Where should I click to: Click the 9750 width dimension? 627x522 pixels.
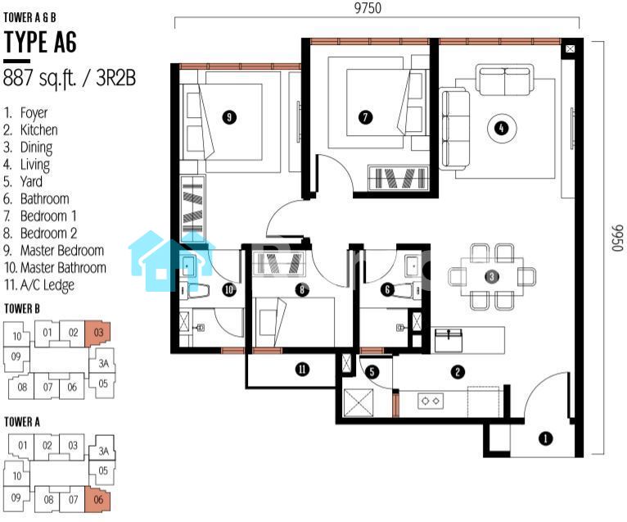[x=368, y=7]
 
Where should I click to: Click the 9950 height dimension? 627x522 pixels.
[x=617, y=238]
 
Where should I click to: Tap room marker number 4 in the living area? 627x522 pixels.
[x=502, y=129]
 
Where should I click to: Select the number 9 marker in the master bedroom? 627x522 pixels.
[x=229, y=117]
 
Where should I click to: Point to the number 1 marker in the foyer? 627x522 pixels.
[x=545, y=438]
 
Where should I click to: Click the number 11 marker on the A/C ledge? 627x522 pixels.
[x=302, y=369]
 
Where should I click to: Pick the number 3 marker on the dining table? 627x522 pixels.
[x=491, y=276]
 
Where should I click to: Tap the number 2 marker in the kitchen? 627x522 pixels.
[x=458, y=372]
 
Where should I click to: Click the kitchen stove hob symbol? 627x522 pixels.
[x=431, y=401]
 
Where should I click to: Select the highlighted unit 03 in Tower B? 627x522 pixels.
[x=97, y=333]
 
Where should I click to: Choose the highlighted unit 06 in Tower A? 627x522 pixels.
[x=97, y=500]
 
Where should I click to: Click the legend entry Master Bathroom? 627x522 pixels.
[x=55, y=267]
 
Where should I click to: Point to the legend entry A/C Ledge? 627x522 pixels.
[x=39, y=285]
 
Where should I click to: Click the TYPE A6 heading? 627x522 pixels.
[x=40, y=42]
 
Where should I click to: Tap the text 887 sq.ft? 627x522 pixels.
[x=39, y=78]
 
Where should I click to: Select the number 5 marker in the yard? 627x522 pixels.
[x=372, y=371]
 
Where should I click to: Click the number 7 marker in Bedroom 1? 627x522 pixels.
[x=365, y=117]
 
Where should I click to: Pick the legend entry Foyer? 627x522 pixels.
[x=26, y=113]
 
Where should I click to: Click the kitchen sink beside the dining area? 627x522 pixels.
[x=449, y=340]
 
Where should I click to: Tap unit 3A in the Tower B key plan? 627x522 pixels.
[x=103, y=363]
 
